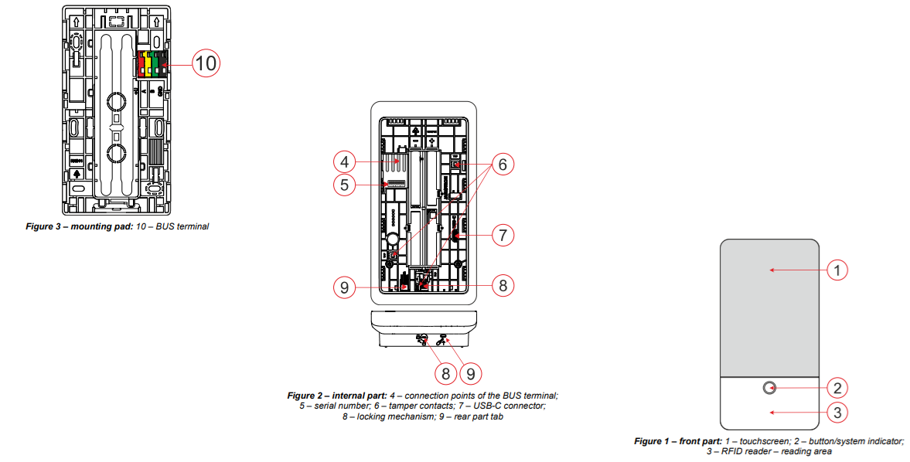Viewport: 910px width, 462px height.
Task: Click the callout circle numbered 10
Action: [x=205, y=63]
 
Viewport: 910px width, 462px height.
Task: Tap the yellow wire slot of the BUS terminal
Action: [x=149, y=64]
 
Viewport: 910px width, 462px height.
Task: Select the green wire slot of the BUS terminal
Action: [x=156, y=64]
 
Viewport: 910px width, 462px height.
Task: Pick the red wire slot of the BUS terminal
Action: [x=141, y=64]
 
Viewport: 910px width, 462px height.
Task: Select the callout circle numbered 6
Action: [x=503, y=165]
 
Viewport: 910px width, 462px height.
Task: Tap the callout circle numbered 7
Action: [x=503, y=235]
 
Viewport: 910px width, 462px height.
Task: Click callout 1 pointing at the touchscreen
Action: [x=838, y=270]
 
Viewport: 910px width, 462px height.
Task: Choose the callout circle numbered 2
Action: [x=838, y=388]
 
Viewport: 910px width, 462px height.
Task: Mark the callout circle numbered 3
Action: [x=838, y=413]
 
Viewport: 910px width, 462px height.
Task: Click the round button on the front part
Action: [x=770, y=388]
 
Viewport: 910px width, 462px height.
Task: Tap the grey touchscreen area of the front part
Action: [x=770, y=309]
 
